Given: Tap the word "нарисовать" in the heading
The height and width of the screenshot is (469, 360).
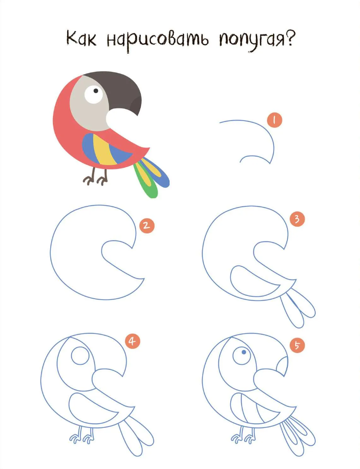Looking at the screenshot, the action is click(x=158, y=40).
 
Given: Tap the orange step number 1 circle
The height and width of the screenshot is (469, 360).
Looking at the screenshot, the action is click(x=275, y=120).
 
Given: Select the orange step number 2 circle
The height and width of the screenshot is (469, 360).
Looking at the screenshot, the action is click(x=146, y=226).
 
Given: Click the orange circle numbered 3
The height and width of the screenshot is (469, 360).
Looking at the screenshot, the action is click(x=297, y=219).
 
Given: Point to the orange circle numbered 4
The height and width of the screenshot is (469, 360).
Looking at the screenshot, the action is click(x=132, y=341).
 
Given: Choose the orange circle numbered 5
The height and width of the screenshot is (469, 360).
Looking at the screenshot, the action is click(x=297, y=345).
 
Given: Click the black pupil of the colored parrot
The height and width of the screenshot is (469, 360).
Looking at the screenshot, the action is click(x=96, y=90).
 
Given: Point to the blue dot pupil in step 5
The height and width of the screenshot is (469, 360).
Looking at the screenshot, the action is click(x=244, y=353).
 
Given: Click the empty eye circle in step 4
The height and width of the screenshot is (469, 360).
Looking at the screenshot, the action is click(x=80, y=356).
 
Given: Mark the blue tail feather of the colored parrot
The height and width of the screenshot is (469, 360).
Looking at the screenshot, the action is click(x=159, y=174).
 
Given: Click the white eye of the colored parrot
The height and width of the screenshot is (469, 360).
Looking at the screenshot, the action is click(x=94, y=94).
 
